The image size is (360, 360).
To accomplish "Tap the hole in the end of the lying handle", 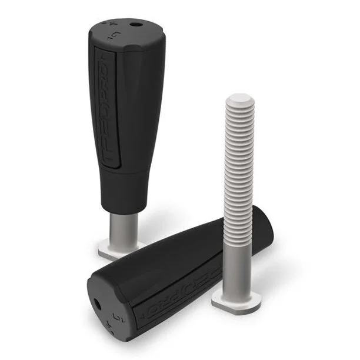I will (x=96, y=304).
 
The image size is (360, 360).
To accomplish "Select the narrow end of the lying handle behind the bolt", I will (x=265, y=226).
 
